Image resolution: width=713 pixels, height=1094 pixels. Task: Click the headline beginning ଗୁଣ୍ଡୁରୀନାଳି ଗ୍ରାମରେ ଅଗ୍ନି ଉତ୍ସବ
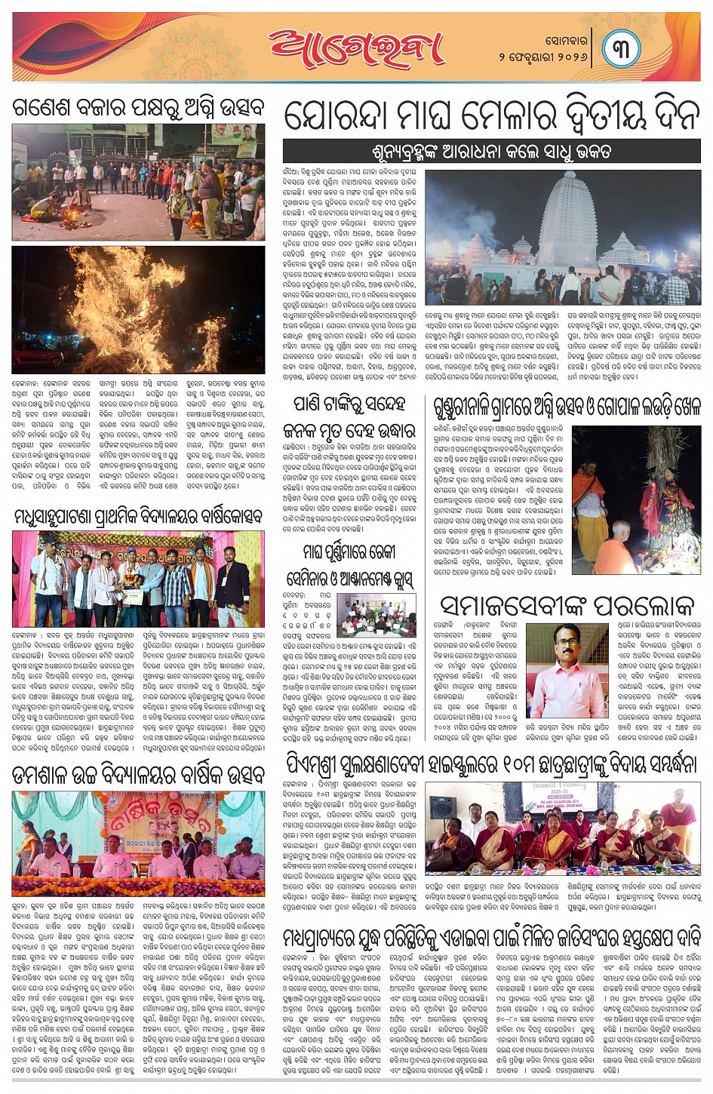point(567,407)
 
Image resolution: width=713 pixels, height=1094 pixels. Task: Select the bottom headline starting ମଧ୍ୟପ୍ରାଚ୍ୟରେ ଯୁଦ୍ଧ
point(491,937)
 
